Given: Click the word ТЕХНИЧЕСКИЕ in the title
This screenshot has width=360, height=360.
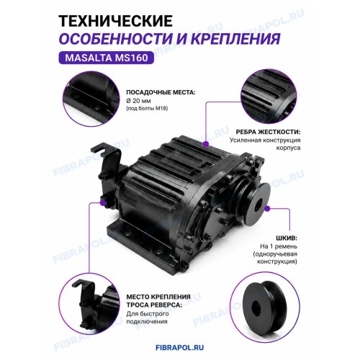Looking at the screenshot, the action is tap(116, 21).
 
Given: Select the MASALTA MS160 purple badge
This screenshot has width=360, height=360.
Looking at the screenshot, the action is tap(107, 58).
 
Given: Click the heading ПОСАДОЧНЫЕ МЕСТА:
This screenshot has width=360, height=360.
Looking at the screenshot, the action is tap(161, 93).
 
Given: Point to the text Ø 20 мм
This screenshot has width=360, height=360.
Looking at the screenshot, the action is tap(138, 101).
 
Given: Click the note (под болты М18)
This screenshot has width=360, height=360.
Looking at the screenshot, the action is tap(147, 109).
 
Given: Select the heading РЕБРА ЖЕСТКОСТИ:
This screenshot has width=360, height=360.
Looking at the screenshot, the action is tap(268, 132).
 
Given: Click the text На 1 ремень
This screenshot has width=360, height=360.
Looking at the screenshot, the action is tap(279, 246).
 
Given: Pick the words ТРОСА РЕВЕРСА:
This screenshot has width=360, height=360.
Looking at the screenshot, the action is tap(154, 305).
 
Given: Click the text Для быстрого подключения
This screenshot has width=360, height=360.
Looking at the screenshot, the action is tap(148, 318).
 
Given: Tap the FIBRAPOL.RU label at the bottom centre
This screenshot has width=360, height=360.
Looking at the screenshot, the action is tap(180, 348).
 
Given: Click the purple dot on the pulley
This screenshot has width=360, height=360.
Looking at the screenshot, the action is tap(267, 208).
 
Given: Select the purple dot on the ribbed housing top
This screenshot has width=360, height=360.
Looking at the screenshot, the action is tap(206, 144).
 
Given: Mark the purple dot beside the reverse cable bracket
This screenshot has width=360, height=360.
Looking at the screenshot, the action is tap(103, 203).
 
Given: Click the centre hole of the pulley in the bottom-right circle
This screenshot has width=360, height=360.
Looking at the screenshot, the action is tap(256, 307).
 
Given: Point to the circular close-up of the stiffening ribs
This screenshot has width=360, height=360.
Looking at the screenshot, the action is tap(269, 96).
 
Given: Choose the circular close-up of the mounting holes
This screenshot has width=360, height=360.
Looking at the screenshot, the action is tap(91, 99).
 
